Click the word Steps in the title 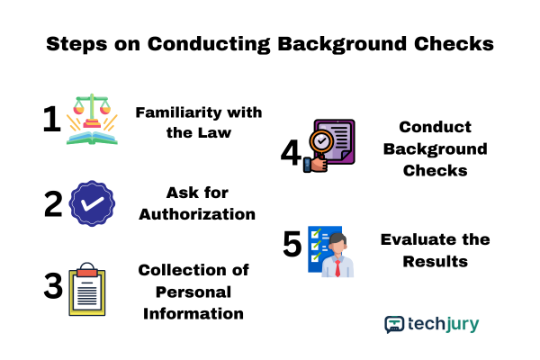coord(76,44)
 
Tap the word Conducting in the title coord(209,44)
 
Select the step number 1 coord(51,119)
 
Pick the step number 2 coord(53,204)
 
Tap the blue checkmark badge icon coord(92,203)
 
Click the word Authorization coord(197,214)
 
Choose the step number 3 coord(53,285)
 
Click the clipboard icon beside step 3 coord(87,289)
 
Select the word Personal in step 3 coord(193,292)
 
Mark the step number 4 coord(291,152)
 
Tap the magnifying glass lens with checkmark coord(321,141)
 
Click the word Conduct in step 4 coord(435,127)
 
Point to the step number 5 coord(292,244)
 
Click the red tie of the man coord(337,268)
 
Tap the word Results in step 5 coord(436,262)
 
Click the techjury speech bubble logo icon coord(394,325)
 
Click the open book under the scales coord(92,138)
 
